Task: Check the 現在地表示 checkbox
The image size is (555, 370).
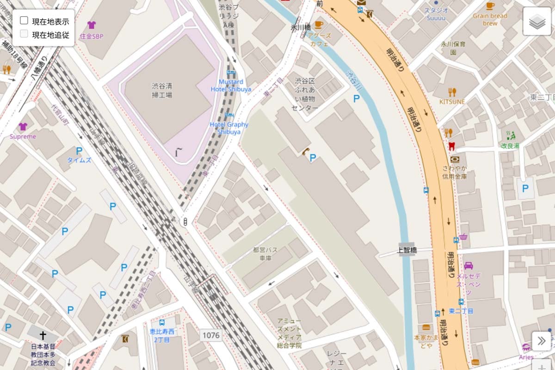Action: click(24, 21)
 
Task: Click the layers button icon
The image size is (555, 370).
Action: click(537, 22)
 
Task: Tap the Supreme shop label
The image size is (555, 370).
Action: click(23, 137)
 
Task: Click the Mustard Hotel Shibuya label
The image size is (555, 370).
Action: click(231, 86)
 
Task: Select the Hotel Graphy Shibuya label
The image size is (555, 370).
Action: click(229, 128)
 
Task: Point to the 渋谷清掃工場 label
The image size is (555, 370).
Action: click(162, 90)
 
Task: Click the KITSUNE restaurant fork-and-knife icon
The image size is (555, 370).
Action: click(452, 92)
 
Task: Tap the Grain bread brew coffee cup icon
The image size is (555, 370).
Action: click(490, 6)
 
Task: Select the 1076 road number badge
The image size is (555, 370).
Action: click(210, 335)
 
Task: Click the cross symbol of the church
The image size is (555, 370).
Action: click(43, 335)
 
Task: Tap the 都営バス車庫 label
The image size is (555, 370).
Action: click(265, 254)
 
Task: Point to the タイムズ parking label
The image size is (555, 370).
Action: click(79, 160)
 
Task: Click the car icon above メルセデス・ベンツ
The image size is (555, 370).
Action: click(468, 266)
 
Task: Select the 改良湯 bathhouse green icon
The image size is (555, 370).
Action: click(511, 135)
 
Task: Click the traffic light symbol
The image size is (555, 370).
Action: click(185, 222)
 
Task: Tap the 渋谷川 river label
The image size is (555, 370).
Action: click(355, 81)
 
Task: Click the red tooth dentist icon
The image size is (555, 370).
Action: click(452, 146)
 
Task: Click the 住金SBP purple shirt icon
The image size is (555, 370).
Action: click(91, 25)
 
